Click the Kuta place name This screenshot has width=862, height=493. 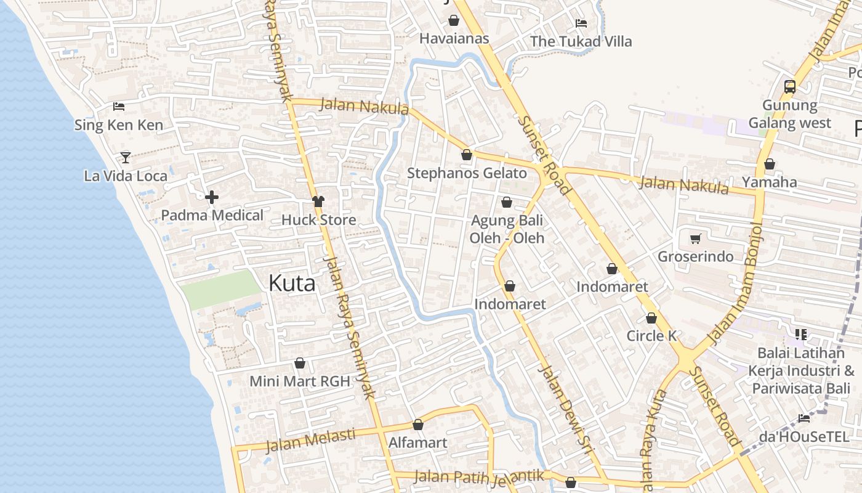[292, 283]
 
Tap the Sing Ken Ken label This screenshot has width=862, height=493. [119, 125]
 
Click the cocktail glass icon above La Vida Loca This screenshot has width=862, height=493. [126, 157]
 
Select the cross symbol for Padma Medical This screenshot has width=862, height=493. [212, 197]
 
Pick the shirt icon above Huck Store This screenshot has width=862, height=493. [318, 202]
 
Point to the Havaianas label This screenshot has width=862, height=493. [454, 39]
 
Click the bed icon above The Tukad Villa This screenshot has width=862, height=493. [581, 23]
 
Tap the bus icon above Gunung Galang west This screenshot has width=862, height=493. [790, 87]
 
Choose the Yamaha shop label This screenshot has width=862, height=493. [769, 182]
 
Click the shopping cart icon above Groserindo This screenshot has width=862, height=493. [696, 238]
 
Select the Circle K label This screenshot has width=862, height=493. [651, 336]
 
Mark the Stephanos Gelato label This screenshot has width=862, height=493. [467, 174]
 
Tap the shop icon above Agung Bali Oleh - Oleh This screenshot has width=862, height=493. [507, 202]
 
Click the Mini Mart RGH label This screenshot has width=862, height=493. [299, 381]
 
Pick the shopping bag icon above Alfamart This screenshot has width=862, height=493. [418, 425]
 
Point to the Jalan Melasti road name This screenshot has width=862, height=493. [310, 440]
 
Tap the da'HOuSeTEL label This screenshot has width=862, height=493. [804, 437]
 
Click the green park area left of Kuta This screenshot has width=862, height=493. [222, 288]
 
